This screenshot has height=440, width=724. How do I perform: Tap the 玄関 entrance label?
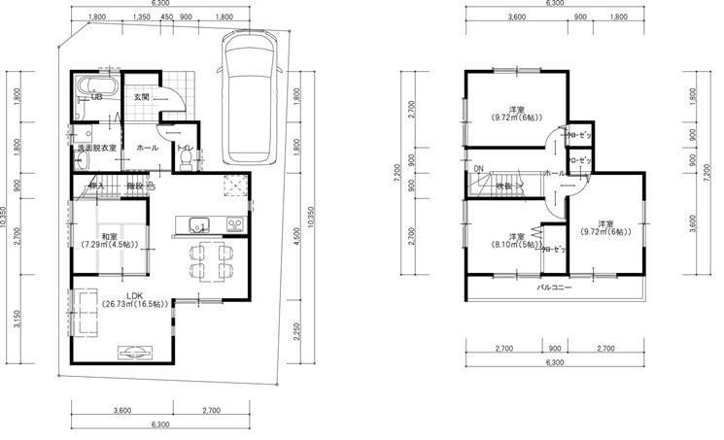click(x=142, y=97)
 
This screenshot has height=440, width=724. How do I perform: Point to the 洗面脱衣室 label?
click(x=97, y=148)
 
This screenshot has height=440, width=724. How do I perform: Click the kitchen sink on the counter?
click(x=194, y=222)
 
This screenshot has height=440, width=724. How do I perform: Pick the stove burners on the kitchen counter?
click(x=234, y=223)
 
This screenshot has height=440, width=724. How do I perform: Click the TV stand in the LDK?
click(x=134, y=352)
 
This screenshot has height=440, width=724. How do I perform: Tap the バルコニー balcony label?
click(x=554, y=288)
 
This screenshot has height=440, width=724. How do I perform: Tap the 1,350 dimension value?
click(x=140, y=17)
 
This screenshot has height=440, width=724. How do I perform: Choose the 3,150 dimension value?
click(x=17, y=319)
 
